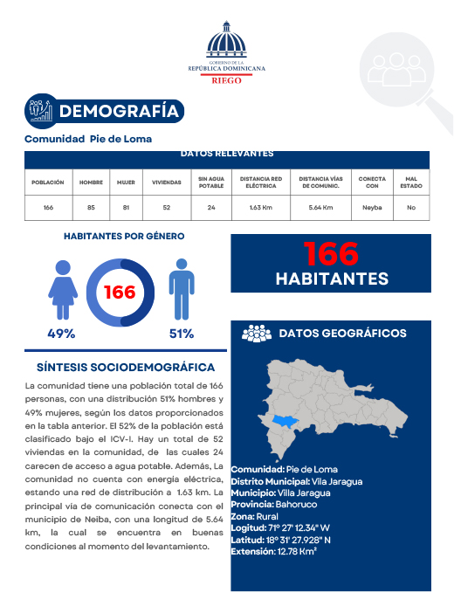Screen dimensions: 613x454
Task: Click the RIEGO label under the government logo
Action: click(x=227, y=79)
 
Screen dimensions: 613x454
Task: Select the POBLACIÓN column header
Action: click(x=48, y=183)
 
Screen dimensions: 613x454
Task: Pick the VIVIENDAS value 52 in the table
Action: click(x=166, y=208)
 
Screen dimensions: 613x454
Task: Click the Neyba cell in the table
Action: click(x=372, y=208)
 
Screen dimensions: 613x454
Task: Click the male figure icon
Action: click(x=181, y=289)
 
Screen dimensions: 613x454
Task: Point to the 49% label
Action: click(x=61, y=334)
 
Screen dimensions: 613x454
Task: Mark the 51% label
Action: click(x=181, y=334)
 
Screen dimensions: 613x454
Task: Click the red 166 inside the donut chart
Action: click(x=120, y=292)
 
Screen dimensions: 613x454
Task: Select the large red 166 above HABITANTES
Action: click(x=331, y=254)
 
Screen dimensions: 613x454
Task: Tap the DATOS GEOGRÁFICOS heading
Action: click(x=341, y=334)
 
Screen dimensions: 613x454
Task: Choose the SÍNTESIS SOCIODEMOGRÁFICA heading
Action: click(x=120, y=368)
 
